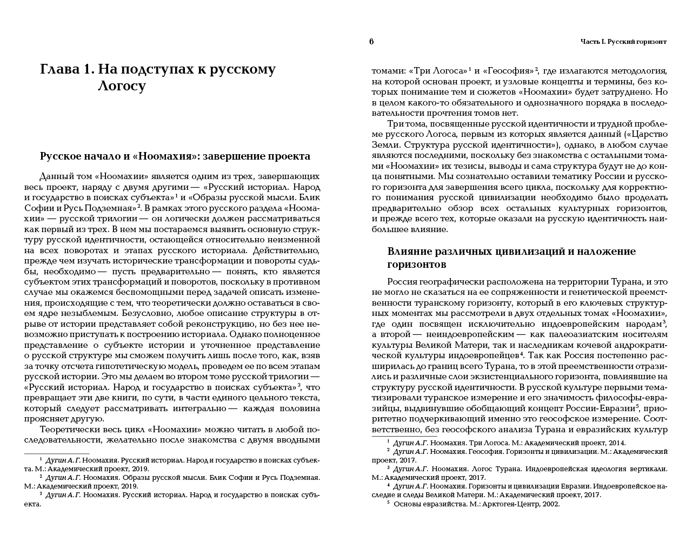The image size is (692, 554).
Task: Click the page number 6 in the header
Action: coord(371,42)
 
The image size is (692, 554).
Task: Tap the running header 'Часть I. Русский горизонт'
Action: coord(623,42)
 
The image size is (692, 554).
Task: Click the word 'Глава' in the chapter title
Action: coord(59,69)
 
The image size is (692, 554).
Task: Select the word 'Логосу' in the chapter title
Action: coord(122,86)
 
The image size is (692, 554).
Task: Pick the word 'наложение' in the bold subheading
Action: coord(608,252)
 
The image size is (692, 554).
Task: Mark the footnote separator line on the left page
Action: coord(57,453)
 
